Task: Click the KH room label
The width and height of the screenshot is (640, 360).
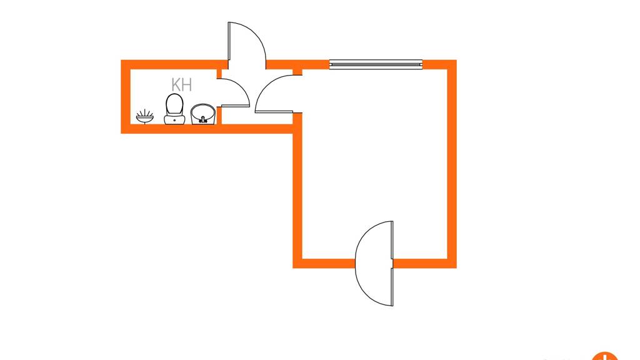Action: coord(182,84)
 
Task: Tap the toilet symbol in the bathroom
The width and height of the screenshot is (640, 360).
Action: coord(175,109)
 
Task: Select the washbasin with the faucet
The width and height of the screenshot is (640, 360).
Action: coord(203,114)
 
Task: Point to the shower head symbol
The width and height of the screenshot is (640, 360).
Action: coord(145,116)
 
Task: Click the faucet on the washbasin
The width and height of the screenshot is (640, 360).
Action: coord(203,119)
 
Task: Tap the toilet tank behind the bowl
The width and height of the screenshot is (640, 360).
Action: coord(175,119)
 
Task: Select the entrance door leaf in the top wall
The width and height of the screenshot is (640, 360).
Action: coord(229,45)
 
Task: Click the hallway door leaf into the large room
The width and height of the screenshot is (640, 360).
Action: coord(274,112)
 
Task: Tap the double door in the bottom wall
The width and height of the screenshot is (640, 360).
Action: coord(392,263)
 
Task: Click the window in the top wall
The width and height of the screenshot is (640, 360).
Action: coord(376,64)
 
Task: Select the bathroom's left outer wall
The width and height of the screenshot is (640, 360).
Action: coord(125,97)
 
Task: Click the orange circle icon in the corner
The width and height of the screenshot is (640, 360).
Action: coord(605,356)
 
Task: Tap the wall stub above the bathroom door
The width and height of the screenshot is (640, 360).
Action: coord(219,74)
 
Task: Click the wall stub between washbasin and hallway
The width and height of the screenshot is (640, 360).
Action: coord(219,116)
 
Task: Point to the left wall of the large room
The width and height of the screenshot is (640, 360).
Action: coord(297,190)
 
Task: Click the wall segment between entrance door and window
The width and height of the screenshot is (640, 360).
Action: coord(297,64)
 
